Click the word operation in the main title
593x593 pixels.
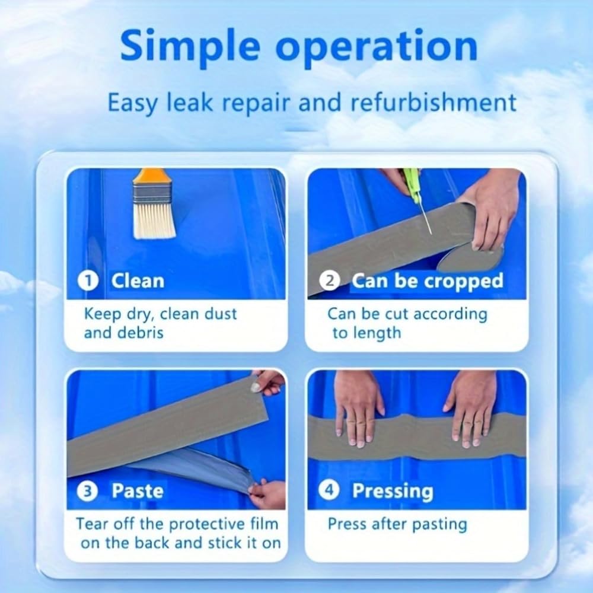pos(377,49)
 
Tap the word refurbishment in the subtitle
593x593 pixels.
pos(433,102)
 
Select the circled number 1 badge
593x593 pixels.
pos(88,281)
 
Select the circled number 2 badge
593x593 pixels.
pos(329,281)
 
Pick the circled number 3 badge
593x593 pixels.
pos(87,491)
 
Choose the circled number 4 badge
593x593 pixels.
pos(329,490)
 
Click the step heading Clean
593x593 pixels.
pos(138,281)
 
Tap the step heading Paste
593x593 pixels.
pos(138,491)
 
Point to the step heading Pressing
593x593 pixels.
pos(393,491)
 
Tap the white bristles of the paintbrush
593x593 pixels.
pos(155,221)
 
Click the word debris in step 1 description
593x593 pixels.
pos(141,333)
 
